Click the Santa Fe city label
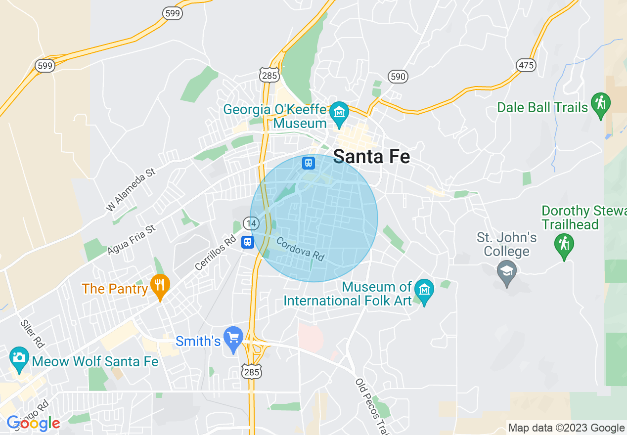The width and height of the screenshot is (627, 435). coord(371,156)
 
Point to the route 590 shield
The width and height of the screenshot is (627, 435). coord(398,76)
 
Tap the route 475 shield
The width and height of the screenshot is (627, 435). coord(525,65)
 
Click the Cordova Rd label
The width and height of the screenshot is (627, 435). coord(300,249)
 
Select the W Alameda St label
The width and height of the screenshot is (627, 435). coord(131,190)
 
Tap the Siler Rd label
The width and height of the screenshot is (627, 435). coord(32,333)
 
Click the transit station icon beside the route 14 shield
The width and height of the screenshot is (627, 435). coord(248,242)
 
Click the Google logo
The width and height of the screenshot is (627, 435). coord(33,423)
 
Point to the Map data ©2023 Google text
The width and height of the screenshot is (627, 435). coord(566,428)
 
